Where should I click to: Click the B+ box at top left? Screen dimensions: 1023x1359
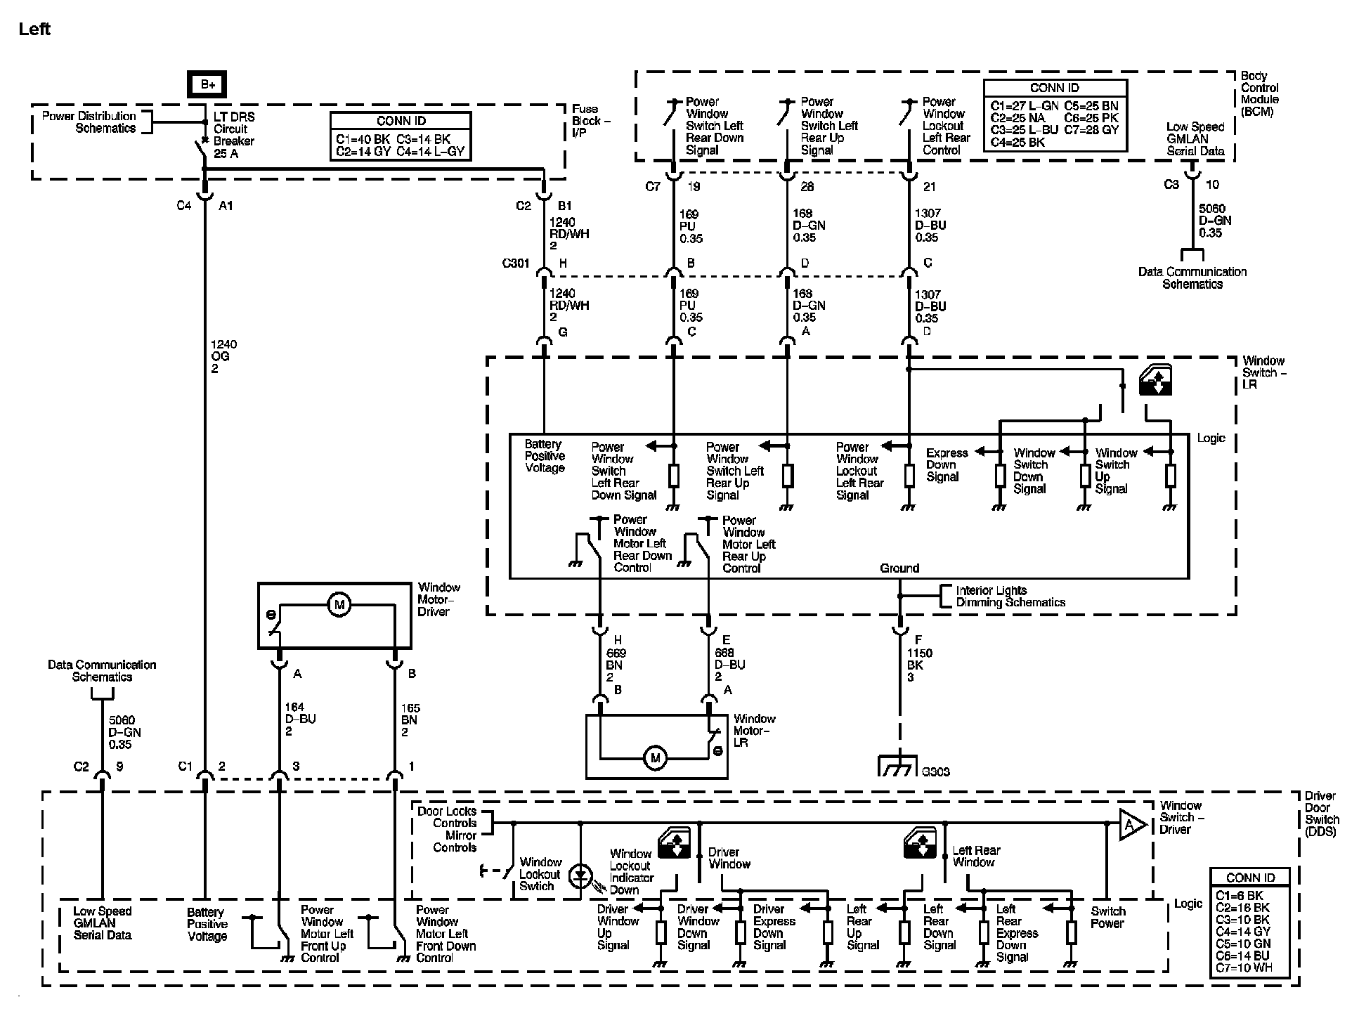[207, 84]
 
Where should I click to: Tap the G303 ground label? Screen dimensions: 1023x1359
[935, 771]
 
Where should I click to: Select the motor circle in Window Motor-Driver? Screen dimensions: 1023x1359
[339, 604]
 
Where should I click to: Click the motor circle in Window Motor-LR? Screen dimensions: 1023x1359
[656, 758]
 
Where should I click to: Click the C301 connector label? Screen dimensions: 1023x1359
[515, 263]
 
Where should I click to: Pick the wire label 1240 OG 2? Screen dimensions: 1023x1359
[223, 356]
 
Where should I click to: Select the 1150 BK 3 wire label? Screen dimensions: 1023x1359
[918, 665]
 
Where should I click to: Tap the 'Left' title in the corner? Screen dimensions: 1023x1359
[34, 29]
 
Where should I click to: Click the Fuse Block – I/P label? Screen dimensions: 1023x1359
[590, 120]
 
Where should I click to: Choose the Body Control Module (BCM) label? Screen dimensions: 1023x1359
[1259, 93]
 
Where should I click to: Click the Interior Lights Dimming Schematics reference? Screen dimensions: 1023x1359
[1010, 597]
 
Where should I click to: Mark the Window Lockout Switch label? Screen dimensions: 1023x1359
[540, 874]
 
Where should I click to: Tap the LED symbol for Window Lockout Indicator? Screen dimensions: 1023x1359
[580, 876]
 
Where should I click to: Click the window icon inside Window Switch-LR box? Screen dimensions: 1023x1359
[1155, 379]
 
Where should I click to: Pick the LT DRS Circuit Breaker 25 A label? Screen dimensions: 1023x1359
[233, 135]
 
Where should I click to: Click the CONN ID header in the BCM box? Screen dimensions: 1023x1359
[1054, 88]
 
